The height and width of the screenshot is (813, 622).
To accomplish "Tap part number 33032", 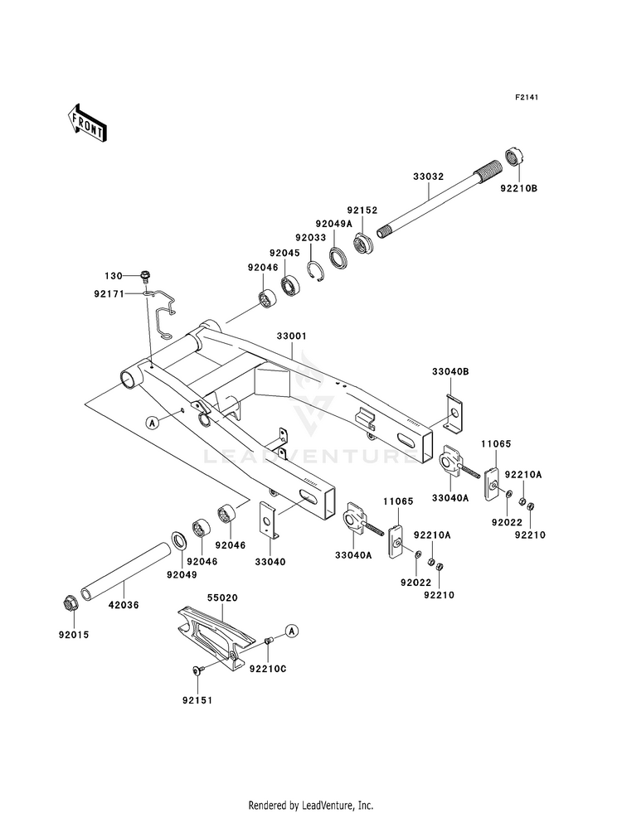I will (x=429, y=177).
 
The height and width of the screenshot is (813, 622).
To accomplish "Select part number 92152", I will (x=362, y=211).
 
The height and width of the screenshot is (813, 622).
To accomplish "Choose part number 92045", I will (x=284, y=252).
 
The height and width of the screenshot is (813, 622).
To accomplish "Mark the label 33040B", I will (x=449, y=372).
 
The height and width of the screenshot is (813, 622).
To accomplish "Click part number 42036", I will (x=124, y=605).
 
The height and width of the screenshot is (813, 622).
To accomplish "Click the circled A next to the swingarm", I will (x=152, y=423).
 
